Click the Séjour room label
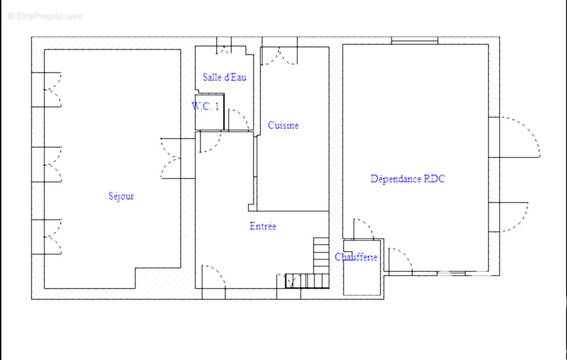[x=121, y=196]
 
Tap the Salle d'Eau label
[x=224, y=77]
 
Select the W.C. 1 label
[x=205, y=106]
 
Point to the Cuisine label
[x=283, y=125]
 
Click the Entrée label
[x=263, y=226]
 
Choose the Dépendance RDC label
[x=407, y=179]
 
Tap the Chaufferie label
[x=356, y=257]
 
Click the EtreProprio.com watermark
[x=45, y=16]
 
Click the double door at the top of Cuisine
[x=279, y=55]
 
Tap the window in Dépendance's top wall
[x=415, y=41]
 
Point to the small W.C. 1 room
[x=209, y=112]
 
